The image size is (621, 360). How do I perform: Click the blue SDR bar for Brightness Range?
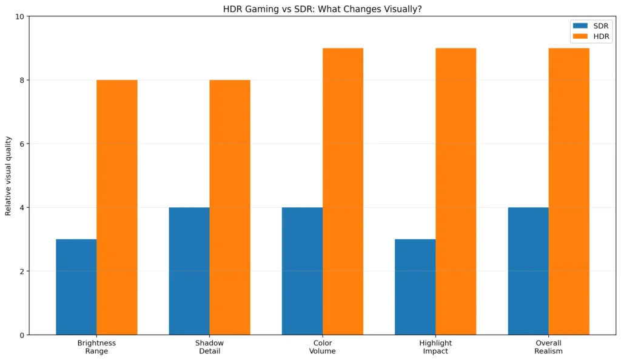click(x=76, y=287)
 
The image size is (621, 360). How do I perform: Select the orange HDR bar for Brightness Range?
click(x=117, y=207)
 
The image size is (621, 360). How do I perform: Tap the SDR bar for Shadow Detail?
click(x=189, y=271)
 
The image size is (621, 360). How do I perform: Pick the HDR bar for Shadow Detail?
click(x=230, y=207)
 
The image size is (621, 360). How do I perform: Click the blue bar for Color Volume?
click(x=302, y=271)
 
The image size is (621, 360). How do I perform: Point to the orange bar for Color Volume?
click(x=343, y=191)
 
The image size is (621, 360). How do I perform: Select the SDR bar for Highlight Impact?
click(x=415, y=287)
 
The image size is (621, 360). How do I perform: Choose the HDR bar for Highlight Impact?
click(x=455, y=191)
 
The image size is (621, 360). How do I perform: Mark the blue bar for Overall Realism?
click(x=528, y=271)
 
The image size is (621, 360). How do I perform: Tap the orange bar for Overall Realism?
click(x=569, y=191)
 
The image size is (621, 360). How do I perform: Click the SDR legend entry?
click(x=591, y=26)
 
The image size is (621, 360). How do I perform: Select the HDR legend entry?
click(x=591, y=37)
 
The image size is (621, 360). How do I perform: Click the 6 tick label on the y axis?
click(x=21, y=144)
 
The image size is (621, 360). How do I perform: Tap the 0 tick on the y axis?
click(x=21, y=335)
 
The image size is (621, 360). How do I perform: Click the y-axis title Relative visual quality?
click(x=8, y=176)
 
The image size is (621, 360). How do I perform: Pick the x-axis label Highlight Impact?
click(x=435, y=347)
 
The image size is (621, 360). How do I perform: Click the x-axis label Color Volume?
click(x=322, y=347)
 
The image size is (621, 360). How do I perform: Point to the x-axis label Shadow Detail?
click(x=209, y=347)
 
